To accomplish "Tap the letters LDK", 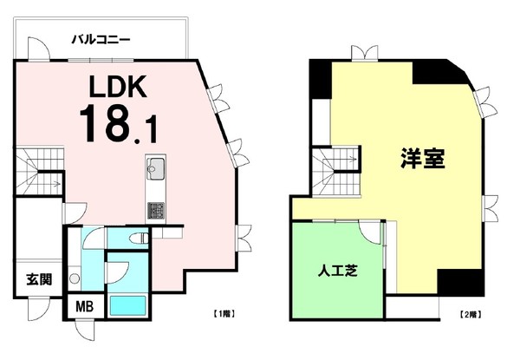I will click(x=118, y=88).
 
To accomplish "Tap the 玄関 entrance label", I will click(x=38, y=278).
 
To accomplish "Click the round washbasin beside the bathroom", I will click(x=75, y=278).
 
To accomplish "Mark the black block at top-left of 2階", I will click(x=319, y=79).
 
